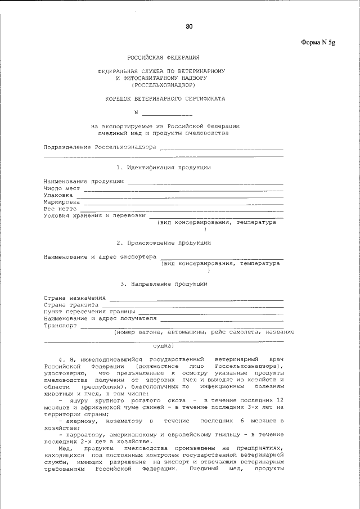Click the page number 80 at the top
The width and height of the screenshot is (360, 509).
tap(189, 26)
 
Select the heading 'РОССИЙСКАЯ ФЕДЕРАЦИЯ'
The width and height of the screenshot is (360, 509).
tap(163, 58)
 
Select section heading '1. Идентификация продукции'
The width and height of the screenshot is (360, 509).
tap(164, 168)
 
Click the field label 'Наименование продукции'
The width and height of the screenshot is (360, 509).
tap(84, 181)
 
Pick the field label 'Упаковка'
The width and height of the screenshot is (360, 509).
tap(58, 195)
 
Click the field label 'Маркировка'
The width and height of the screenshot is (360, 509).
tap(62, 201)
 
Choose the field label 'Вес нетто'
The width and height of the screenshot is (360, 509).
tap(60, 208)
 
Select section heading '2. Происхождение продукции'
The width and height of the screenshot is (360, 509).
tap(164, 243)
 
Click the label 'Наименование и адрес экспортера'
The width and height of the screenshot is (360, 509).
tap(100, 256)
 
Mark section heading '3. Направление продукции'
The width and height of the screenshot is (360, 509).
tap(164, 284)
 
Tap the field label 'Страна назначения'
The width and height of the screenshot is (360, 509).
tap(75, 298)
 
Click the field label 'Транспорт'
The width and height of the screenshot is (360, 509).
tap(60, 325)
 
